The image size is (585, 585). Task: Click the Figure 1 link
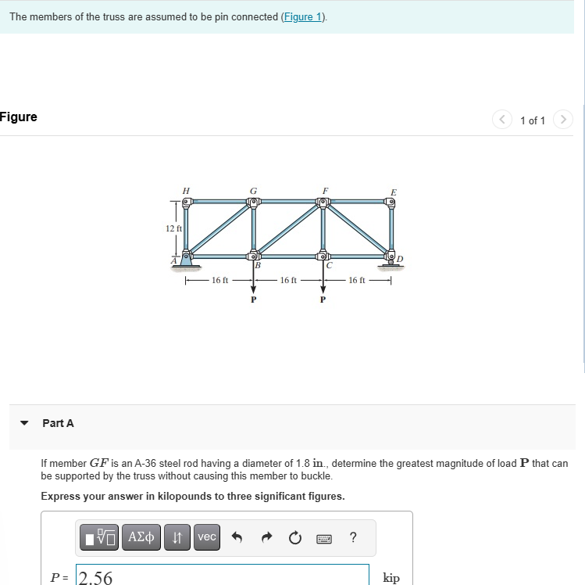[303, 17]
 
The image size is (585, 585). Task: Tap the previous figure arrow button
[502, 120]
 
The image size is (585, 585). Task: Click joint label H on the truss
[185, 190]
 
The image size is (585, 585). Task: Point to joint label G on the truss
[252, 190]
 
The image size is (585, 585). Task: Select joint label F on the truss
[325, 190]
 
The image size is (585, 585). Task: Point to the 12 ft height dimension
[173, 228]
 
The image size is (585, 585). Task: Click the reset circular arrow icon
[294, 537]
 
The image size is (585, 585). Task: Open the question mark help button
[353, 537]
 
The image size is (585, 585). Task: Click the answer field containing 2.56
[222, 577]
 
